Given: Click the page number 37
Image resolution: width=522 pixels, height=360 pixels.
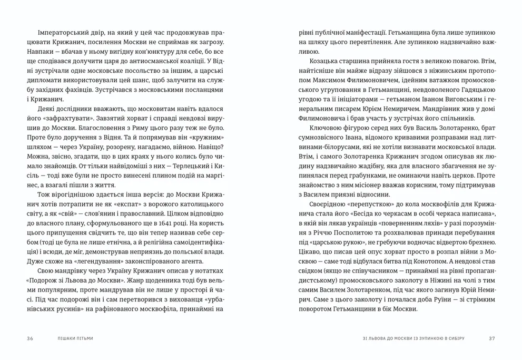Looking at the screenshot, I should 492,337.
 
